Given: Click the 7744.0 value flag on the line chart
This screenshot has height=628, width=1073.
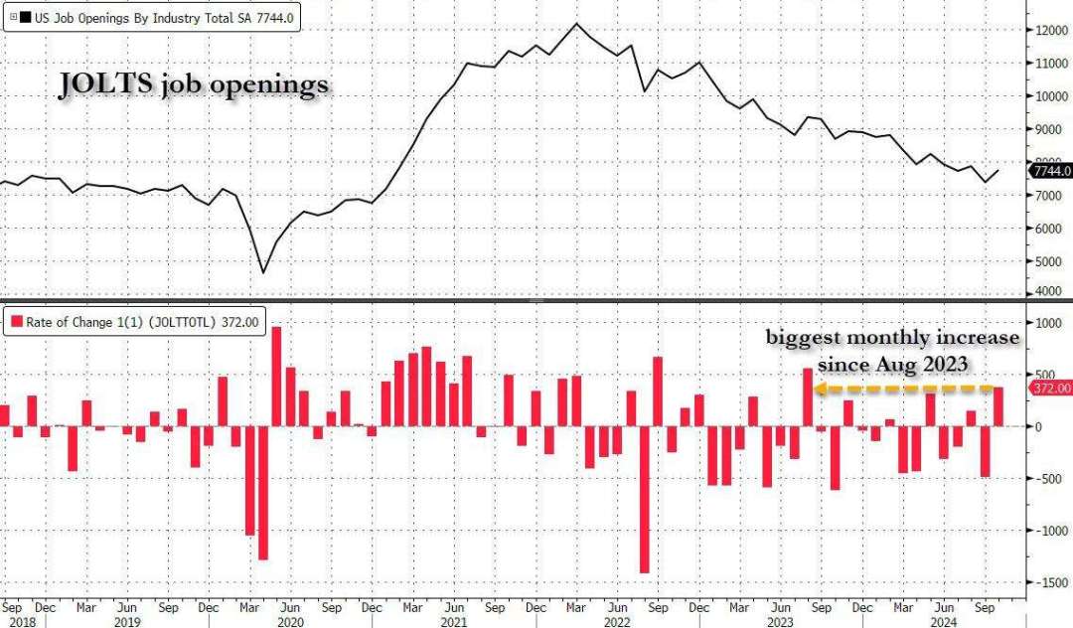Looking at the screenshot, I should pos(1051,171).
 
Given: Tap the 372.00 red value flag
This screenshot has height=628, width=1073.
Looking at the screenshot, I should pos(1051,388).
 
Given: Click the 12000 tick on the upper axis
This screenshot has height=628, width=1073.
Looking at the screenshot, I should pos(1051,30).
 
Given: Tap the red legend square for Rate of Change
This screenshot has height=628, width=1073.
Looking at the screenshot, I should pos(17,321).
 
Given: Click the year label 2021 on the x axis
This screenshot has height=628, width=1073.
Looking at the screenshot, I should pos(452,621).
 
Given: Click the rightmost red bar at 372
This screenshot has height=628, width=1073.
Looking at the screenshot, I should pos(997,406).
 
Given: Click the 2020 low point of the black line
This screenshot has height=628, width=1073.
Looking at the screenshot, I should pos(263,272).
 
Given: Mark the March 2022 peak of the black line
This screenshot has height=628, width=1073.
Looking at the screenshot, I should pos(576,24).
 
